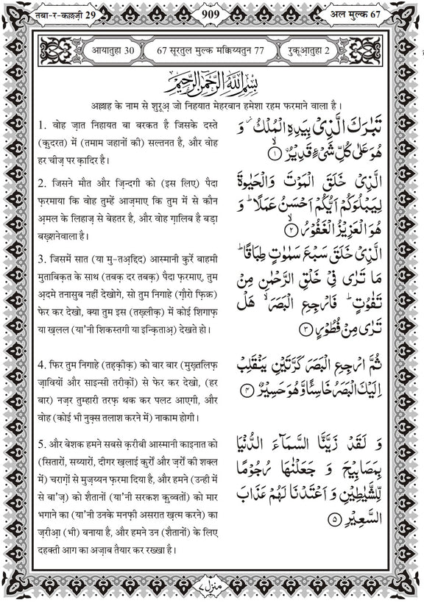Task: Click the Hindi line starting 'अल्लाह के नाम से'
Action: [211, 102]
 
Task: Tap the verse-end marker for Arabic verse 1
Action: [274, 154]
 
